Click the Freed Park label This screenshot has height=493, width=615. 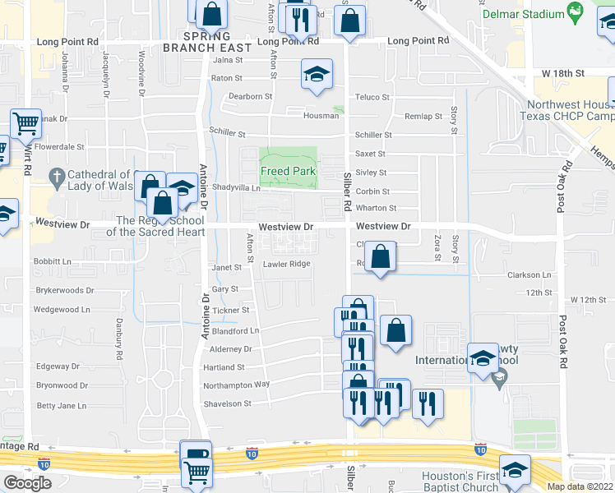pos(289,172)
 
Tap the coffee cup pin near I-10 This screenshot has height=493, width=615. pos(197,454)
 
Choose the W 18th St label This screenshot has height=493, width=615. pos(563,73)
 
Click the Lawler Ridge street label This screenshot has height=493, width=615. pos(286,264)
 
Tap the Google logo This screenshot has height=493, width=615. pos(27,483)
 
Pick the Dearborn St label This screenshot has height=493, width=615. pos(251,96)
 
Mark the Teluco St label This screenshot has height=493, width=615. pos(372,97)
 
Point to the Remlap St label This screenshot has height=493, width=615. pos(425,117)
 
